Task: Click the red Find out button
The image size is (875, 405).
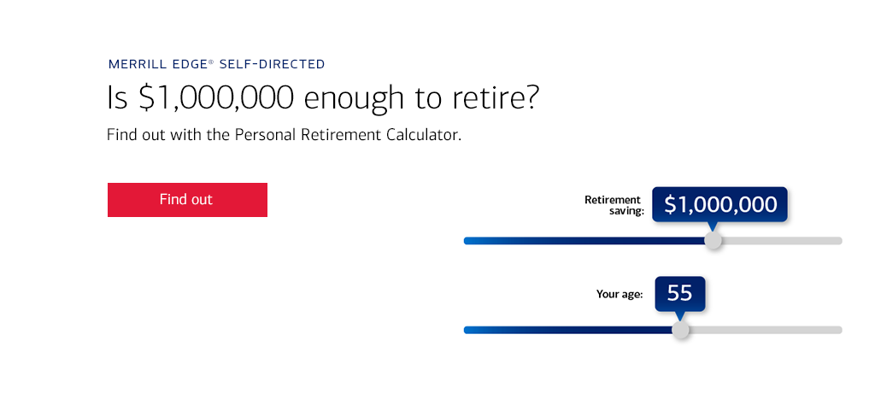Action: (187, 200)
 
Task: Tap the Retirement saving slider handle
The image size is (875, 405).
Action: (713, 240)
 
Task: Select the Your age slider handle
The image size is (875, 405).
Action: (680, 330)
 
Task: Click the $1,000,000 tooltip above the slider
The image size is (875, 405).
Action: (719, 205)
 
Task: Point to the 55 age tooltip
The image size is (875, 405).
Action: (679, 293)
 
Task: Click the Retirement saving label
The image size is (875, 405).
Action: (614, 205)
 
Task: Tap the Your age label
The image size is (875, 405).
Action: (620, 294)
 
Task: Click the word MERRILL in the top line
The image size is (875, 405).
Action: (133, 64)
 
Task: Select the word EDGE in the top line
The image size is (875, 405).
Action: (185, 64)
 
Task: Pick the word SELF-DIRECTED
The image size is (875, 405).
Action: (273, 64)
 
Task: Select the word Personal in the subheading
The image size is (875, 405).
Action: (265, 135)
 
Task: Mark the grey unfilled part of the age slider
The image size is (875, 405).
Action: (766, 330)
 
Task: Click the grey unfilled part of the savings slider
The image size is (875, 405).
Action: (782, 240)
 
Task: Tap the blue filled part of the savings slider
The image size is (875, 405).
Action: (584, 240)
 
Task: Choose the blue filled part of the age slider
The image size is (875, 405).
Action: (567, 330)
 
